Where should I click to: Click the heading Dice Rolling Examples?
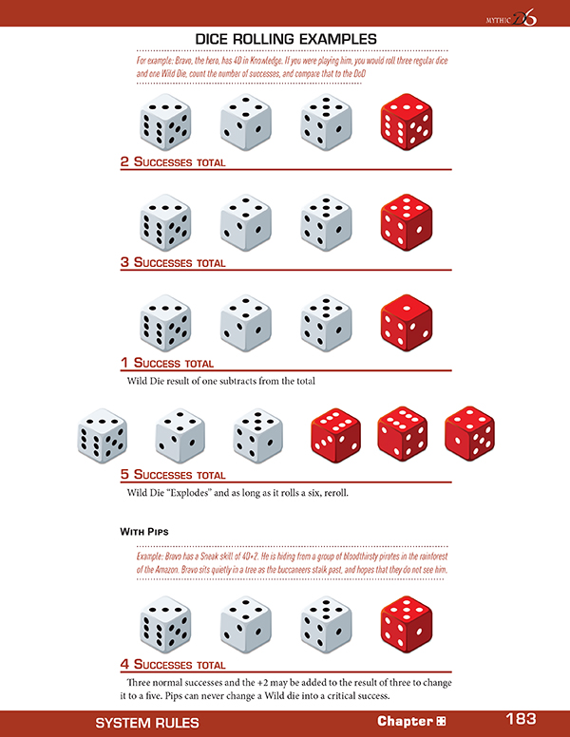click(x=286, y=38)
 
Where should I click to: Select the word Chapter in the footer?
click(x=405, y=722)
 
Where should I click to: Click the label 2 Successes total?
click(x=173, y=162)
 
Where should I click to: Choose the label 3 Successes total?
click(x=173, y=262)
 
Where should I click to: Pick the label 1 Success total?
click(x=167, y=363)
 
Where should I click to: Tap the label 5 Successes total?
click(x=173, y=474)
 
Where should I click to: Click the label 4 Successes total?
click(x=173, y=665)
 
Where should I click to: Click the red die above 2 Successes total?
click(x=406, y=122)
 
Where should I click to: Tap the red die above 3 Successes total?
click(x=406, y=221)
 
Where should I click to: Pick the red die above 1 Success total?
click(x=406, y=322)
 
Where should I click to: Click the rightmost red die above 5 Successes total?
click(x=470, y=434)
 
